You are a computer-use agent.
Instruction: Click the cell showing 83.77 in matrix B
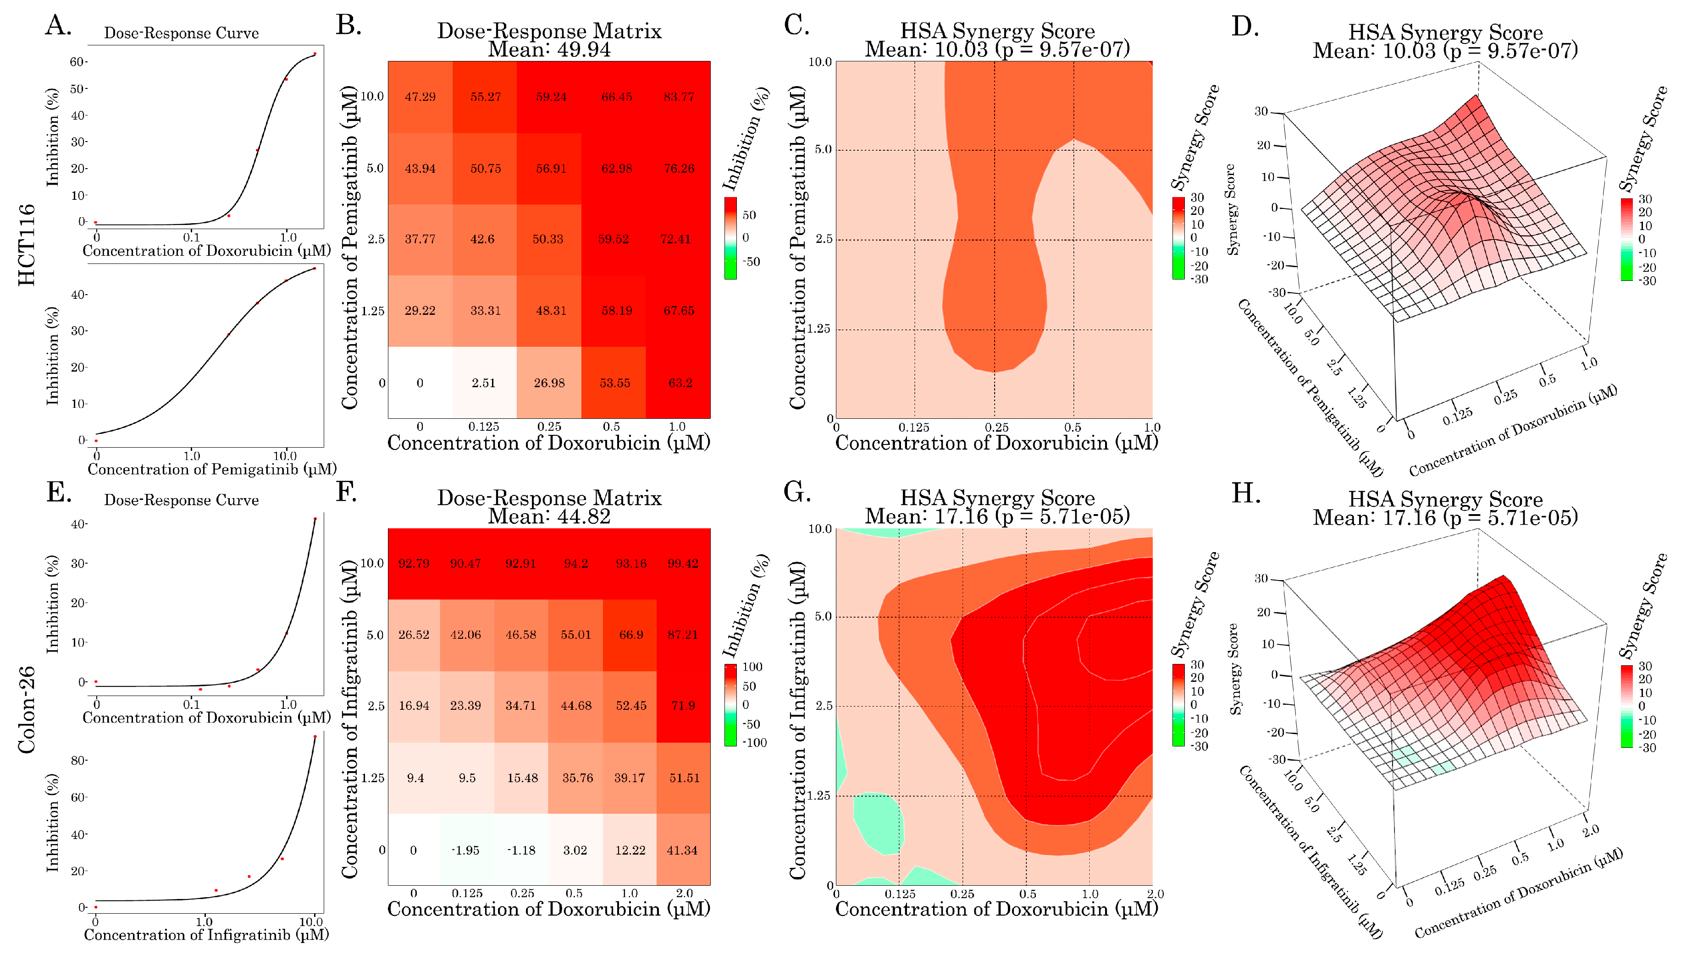pos(679,97)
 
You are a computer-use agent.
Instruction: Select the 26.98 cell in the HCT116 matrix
pos(549,383)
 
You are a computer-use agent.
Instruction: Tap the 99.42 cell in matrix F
pos(683,563)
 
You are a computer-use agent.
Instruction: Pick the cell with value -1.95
pos(465,850)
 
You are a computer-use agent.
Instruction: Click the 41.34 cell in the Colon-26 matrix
pos(683,850)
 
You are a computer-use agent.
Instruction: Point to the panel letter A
pos(58,25)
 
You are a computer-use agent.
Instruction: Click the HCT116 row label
pos(27,245)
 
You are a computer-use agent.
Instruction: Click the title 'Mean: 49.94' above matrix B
pos(549,49)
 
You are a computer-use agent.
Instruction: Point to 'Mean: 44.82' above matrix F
pos(549,516)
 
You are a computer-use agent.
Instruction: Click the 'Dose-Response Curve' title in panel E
pos(181,500)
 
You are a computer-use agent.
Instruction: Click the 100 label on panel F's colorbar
pos(752,667)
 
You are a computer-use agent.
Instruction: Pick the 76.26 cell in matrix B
pos(679,168)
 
